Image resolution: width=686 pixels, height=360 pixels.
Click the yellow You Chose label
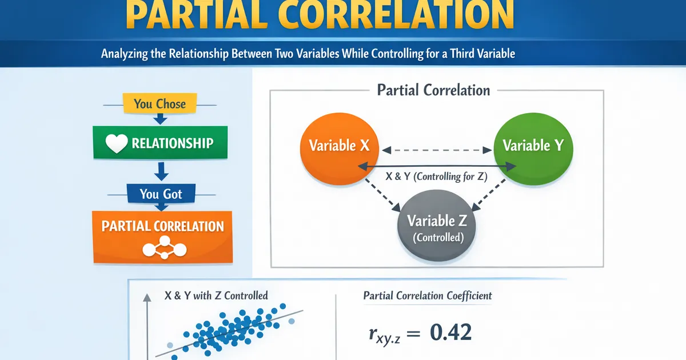(159, 103)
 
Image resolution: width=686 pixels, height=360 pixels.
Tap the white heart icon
(117, 143)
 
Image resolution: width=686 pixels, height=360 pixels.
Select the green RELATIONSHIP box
(160, 142)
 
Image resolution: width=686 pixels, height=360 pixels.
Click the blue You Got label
(161, 194)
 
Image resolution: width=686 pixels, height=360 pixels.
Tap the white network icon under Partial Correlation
(165, 247)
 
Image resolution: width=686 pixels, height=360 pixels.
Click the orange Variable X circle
(340, 149)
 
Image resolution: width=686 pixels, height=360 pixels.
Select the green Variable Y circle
(533, 149)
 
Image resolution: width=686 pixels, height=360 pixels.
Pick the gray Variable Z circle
(436, 225)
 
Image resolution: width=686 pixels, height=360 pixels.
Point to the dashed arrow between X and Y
(437, 150)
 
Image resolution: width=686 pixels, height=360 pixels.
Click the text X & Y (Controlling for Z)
(436, 177)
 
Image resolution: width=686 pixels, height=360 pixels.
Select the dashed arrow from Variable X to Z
(382, 195)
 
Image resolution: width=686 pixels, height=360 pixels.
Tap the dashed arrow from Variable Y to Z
(489, 195)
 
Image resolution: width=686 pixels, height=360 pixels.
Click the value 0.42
(450, 332)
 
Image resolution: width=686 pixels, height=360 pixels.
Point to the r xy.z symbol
(384, 335)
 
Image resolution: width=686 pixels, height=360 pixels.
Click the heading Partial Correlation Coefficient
(428, 296)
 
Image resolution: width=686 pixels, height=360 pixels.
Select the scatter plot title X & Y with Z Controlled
(216, 295)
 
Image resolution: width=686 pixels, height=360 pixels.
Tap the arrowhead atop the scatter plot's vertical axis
(147, 297)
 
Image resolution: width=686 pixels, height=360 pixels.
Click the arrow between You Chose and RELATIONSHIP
(160, 119)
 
